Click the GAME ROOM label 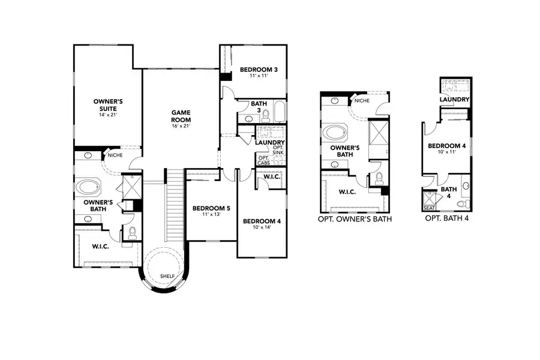181,116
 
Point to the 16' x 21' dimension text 181,126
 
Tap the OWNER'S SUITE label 108,105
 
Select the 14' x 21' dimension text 108,115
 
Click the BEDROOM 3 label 259,70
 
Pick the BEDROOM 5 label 211,208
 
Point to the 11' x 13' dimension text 211,214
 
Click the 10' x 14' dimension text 262,227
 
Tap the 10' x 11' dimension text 446,152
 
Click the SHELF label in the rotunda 167,276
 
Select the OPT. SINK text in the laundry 278,150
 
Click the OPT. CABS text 264,161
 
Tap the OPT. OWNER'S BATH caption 355,219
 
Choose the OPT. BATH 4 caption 446,218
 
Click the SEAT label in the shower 429,208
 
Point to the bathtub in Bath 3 280,111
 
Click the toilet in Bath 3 266,116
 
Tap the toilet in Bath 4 464,203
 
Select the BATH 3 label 259,107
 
